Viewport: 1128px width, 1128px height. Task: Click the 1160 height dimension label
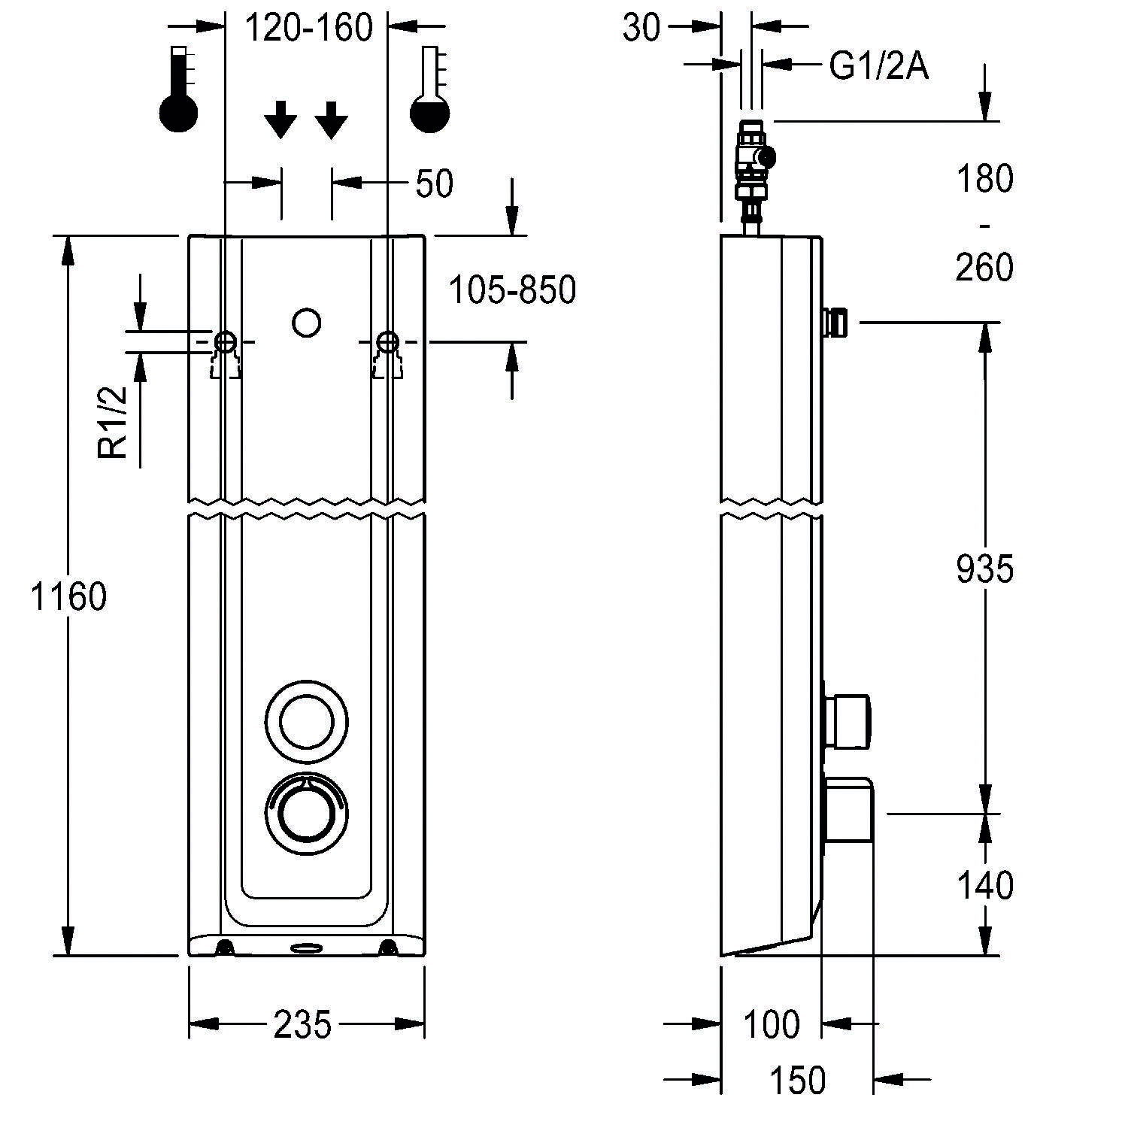point(68,598)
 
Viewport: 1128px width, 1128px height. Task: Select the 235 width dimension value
point(302,1024)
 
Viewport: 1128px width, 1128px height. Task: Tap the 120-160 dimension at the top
point(309,29)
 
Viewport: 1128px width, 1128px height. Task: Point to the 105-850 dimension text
point(512,290)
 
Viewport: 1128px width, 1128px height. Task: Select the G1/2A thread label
point(878,66)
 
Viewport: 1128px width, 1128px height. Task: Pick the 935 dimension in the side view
point(984,569)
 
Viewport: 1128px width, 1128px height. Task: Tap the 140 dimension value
point(984,886)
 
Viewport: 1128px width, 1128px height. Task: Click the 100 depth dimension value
point(772,1024)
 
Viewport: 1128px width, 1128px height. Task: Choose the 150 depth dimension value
point(797,1081)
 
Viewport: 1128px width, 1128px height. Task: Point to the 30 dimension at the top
point(641,29)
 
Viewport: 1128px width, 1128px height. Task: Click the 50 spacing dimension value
point(434,184)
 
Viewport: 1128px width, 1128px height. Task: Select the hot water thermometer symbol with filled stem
point(178,90)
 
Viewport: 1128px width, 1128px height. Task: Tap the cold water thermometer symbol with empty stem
point(429,90)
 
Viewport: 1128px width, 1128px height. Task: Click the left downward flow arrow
point(280,120)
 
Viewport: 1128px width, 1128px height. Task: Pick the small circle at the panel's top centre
point(306,323)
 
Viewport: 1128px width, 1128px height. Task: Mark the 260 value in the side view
point(984,268)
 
